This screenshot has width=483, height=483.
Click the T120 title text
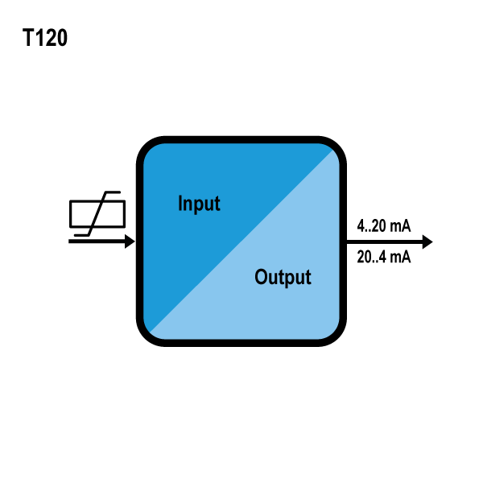[45, 39]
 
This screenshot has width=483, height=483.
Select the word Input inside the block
[199, 203]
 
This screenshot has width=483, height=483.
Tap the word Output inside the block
[283, 278]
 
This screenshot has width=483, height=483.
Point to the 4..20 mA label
[383, 226]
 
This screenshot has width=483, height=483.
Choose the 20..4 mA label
[383, 257]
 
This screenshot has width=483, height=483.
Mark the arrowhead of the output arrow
[427, 242]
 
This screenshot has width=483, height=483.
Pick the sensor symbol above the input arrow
[98, 214]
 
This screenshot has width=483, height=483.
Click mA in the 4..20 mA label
[400, 226]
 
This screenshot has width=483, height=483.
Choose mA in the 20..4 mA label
[400, 257]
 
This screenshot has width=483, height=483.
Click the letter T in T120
[28, 39]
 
